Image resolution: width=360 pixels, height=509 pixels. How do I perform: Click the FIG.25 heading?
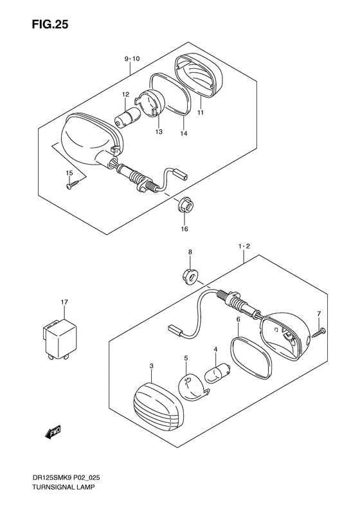[x=50, y=24]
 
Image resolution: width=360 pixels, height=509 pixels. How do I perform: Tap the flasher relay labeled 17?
[x=59, y=339]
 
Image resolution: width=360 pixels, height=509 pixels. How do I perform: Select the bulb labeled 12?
[x=127, y=116]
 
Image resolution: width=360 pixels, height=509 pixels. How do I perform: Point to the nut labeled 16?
[x=185, y=205]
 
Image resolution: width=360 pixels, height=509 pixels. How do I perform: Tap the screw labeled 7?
[x=319, y=333]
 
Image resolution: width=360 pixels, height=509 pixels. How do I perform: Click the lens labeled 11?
[x=199, y=76]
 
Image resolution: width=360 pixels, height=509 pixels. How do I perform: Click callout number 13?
[x=159, y=132]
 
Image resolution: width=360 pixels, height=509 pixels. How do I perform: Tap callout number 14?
[x=184, y=133]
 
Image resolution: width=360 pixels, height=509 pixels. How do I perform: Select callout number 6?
[x=238, y=320]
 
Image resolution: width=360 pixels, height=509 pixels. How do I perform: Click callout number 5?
[x=186, y=358]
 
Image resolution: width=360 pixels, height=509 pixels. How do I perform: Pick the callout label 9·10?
[x=132, y=59]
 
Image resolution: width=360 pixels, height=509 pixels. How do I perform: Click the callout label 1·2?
[x=244, y=246]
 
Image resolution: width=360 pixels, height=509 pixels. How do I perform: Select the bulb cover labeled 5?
[x=192, y=385]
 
